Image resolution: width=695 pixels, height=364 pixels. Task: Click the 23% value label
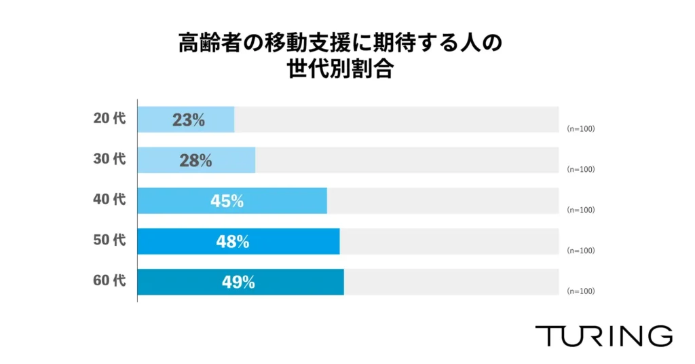(188, 120)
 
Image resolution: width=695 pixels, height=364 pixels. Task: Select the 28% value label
(195, 161)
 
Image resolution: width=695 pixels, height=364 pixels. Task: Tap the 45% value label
(227, 201)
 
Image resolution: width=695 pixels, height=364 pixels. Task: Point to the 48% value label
(233, 242)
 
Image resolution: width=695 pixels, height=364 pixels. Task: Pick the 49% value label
(238, 283)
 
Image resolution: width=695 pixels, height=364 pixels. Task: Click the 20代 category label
(109, 118)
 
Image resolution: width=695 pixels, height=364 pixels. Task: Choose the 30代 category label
(109, 159)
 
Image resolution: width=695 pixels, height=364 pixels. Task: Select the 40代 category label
(109, 200)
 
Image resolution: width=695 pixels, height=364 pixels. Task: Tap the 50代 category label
(109, 240)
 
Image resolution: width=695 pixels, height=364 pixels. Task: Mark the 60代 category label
(109, 280)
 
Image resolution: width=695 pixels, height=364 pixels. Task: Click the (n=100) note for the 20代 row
(580, 128)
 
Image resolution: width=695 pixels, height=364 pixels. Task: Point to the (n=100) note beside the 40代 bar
(580, 210)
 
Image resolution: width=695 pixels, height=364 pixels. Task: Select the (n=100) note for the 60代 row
(580, 291)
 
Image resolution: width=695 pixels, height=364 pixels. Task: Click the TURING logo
(603, 335)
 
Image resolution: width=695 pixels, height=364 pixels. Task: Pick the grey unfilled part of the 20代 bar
(396, 120)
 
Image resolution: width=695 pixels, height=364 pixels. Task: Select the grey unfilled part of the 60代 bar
(451, 282)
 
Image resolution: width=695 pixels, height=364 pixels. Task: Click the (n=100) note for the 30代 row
(580, 169)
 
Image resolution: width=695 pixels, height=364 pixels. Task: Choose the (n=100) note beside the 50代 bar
(580, 251)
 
